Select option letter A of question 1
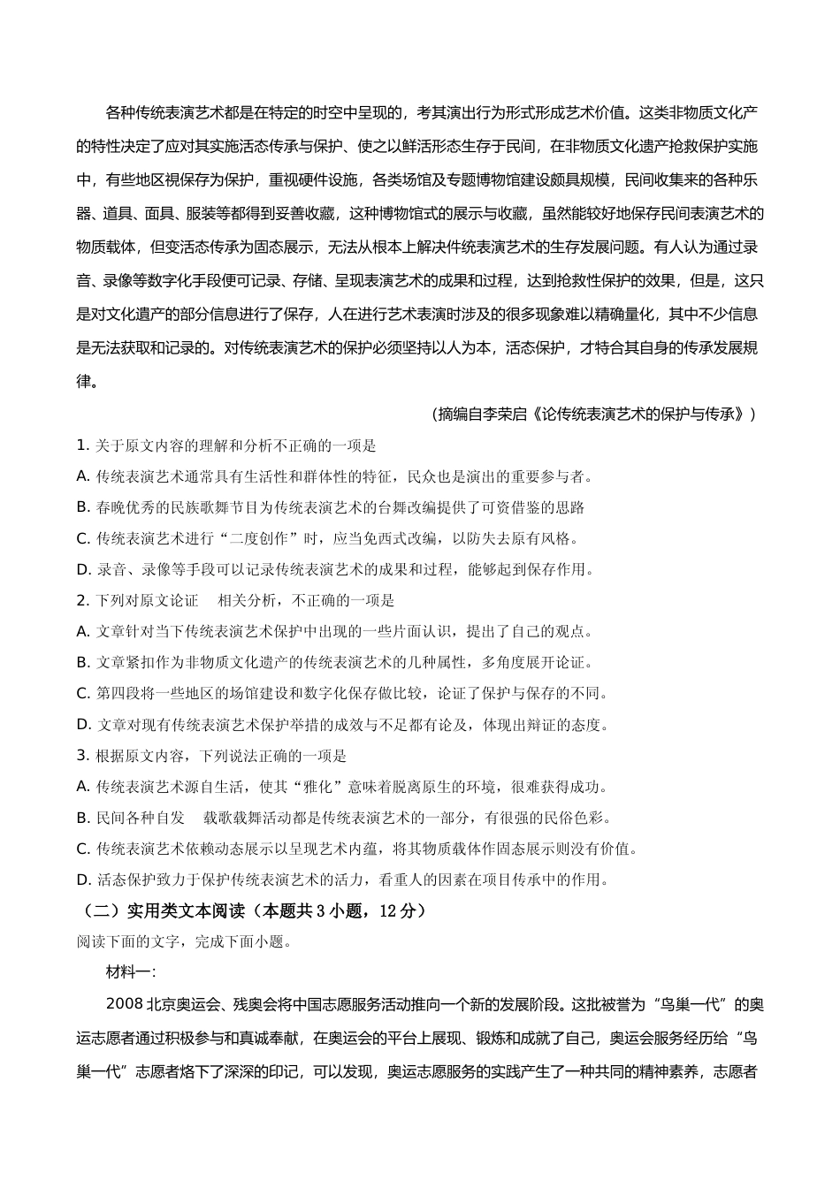tap(83, 476)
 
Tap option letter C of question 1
tap(83, 538)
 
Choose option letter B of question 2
tap(83, 662)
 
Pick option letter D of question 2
tap(83, 725)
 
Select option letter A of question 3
tap(83, 787)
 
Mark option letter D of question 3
tap(83, 880)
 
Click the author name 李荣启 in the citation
tap(506, 414)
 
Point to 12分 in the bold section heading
tap(396, 910)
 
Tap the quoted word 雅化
tap(324, 787)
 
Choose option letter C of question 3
tap(83, 849)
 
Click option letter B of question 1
tap(83, 507)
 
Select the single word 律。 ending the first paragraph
tap(88, 382)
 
